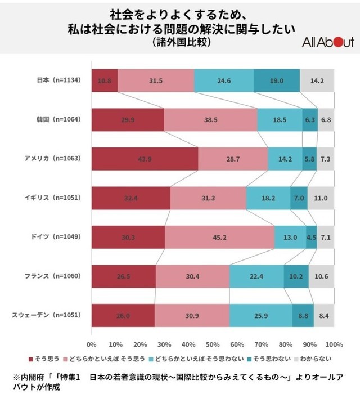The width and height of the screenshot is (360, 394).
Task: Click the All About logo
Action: [x=328, y=42]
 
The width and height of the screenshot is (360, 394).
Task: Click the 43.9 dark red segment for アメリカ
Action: [x=145, y=159]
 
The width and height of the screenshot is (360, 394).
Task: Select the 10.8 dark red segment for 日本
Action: [x=104, y=80]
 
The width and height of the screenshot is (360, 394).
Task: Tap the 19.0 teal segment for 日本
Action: [x=276, y=80]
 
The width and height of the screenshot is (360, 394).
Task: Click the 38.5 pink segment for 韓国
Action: [x=210, y=119]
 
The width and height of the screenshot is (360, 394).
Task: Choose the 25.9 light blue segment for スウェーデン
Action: [x=260, y=315]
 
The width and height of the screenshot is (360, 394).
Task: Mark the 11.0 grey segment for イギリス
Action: [x=321, y=198]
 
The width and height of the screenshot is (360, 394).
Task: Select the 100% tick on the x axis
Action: [x=334, y=344]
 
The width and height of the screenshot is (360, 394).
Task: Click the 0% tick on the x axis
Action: [x=91, y=344]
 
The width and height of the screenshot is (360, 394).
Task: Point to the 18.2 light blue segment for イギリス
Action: [x=268, y=198]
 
